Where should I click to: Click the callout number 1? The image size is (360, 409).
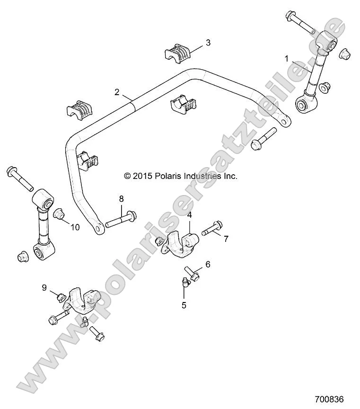tap(286, 59)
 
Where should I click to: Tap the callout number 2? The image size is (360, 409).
tap(117, 92)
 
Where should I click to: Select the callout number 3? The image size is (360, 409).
tap(208, 43)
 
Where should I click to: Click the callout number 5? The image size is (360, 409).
tap(184, 305)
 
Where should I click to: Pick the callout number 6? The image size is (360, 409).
tap(207, 264)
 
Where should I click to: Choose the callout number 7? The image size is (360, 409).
tap(226, 239)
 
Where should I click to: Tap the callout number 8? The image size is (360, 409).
tap(121, 198)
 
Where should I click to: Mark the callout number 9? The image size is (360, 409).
tap(44, 287)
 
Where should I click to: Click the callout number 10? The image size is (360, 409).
tap(75, 227)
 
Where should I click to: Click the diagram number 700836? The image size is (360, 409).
tap(329, 399)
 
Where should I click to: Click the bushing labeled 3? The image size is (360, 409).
tap(178, 53)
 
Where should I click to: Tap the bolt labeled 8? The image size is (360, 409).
tap(121, 219)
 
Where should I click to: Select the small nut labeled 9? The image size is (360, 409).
tap(60, 297)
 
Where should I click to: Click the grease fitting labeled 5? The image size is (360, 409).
tap(184, 283)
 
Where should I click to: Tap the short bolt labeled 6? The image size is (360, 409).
tap(193, 273)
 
